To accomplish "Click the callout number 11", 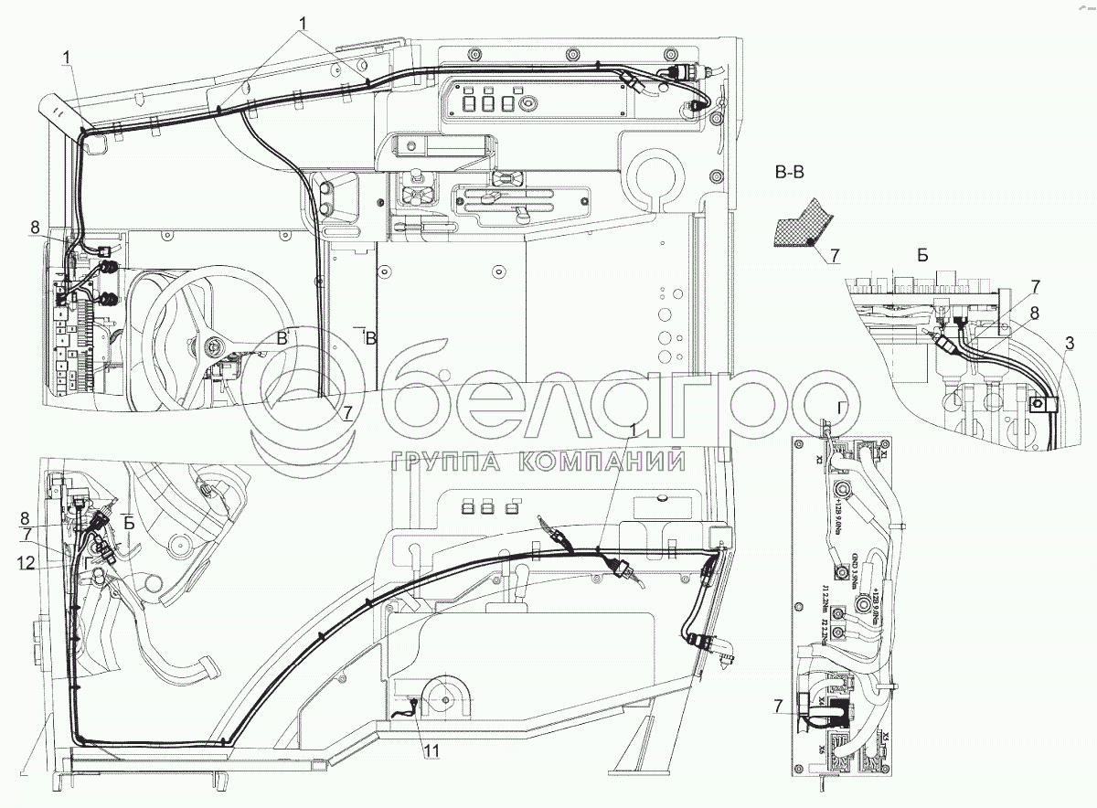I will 429,751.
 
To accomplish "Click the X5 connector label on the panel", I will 886,739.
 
